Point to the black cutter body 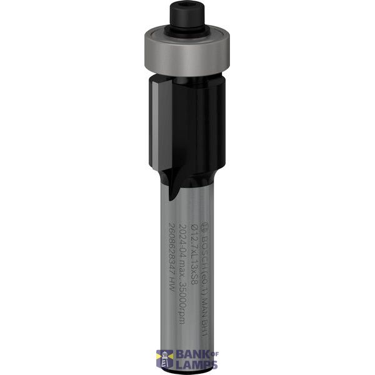pos(194,119)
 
